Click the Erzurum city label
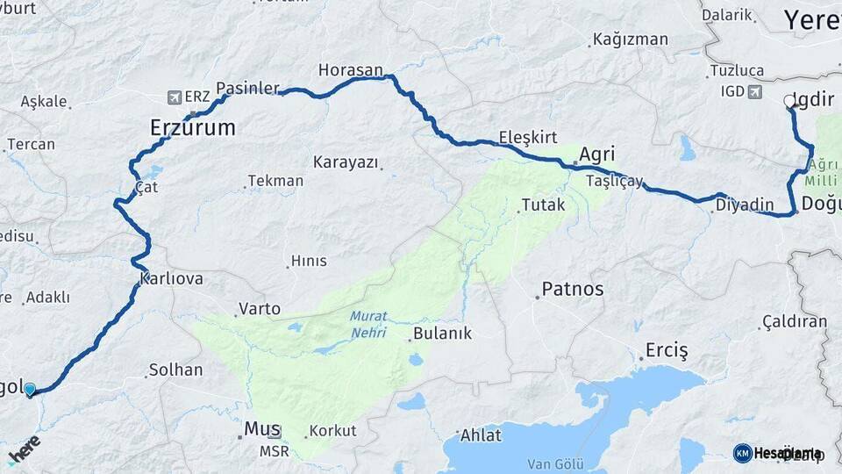(x=193, y=128)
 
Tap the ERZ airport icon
(x=174, y=97)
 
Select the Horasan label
(x=351, y=69)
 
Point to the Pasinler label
(x=247, y=89)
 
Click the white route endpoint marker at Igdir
(x=789, y=102)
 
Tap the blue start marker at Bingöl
(x=31, y=389)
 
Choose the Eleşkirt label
(x=528, y=137)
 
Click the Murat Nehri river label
(x=368, y=324)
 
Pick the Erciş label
(x=667, y=349)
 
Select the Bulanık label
(x=443, y=334)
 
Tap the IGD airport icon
(x=755, y=91)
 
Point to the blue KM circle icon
(x=742, y=453)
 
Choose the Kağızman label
(x=631, y=39)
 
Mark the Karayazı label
(x=346, y=162)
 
